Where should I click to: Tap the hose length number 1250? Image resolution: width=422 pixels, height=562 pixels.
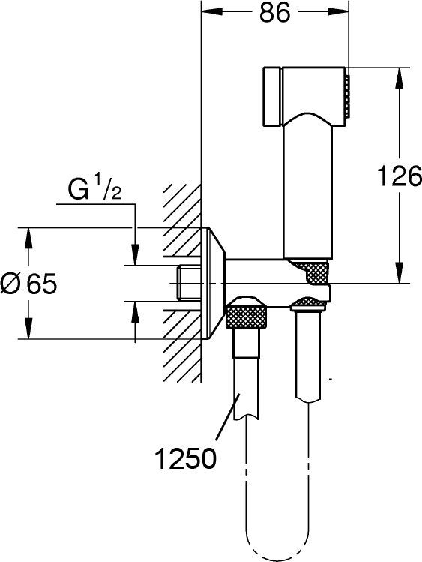tap(187, 455)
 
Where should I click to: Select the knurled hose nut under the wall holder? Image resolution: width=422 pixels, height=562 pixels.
tap(248, 316)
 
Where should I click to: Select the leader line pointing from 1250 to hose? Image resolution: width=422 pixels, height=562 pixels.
tap(223, 423)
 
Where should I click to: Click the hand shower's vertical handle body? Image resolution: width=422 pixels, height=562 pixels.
tap(307, 188)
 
